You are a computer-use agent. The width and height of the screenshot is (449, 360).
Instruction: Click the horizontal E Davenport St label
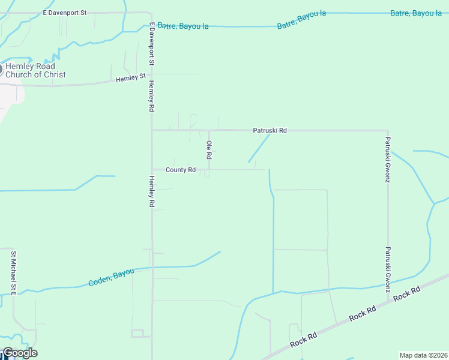point(65,12)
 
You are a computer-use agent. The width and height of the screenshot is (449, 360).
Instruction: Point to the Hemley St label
point(131,78)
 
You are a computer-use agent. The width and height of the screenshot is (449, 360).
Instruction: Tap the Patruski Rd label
point(270,130)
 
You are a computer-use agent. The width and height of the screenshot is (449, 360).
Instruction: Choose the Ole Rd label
point(209,149)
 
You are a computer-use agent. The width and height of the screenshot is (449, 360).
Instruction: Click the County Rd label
point(181,170)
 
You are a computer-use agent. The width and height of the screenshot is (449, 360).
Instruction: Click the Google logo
point(19,353)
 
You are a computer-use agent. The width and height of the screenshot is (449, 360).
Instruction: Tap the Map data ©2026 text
point(423,355)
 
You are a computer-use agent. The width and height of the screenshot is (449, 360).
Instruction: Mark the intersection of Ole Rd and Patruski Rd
point(209,130)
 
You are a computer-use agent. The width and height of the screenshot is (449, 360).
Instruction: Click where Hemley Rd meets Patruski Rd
point(152,130)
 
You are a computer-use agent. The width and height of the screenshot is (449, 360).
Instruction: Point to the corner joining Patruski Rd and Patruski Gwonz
point(388,130)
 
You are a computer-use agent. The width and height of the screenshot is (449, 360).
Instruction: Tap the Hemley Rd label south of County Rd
point(152,191)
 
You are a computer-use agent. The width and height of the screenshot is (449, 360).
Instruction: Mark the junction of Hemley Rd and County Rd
point(152,170)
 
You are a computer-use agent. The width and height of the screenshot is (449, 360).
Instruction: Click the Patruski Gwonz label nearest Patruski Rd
point(388,160)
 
